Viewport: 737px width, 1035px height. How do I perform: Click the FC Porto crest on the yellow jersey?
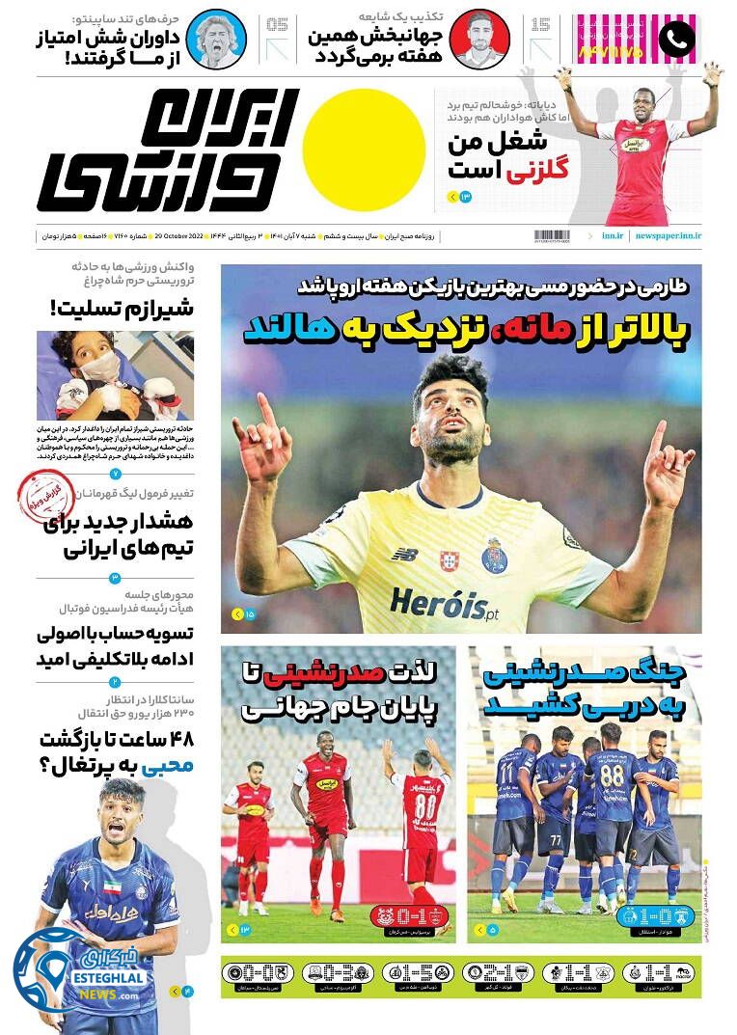coord(495,556)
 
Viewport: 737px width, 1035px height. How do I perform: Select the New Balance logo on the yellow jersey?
coord(404,554)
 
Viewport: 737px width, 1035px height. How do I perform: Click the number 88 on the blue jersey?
coord(612,776)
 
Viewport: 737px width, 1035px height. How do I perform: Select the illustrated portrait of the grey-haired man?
coord(217,39)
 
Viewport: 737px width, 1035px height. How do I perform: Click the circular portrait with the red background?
coord(479,39)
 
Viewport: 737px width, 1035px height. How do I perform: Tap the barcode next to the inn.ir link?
coord(552,235)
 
